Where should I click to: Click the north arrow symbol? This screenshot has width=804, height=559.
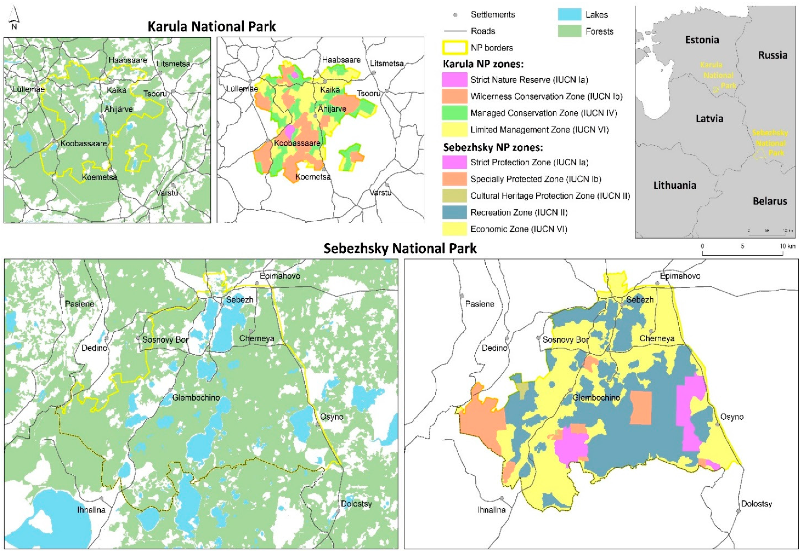pos(14,18)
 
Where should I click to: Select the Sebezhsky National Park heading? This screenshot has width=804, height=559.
pos(400,248)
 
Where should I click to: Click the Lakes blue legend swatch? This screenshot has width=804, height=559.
pos(569,14)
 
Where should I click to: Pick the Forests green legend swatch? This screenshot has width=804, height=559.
pos(569,31)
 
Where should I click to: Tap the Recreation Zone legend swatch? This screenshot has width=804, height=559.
pos(454,213)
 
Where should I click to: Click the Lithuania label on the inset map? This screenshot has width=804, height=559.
pos(674,185)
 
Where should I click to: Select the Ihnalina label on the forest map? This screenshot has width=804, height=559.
pos(91,510)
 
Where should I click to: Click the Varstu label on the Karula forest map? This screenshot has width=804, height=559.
pos(167,193)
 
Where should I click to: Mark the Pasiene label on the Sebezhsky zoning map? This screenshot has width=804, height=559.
pos(479,304)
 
